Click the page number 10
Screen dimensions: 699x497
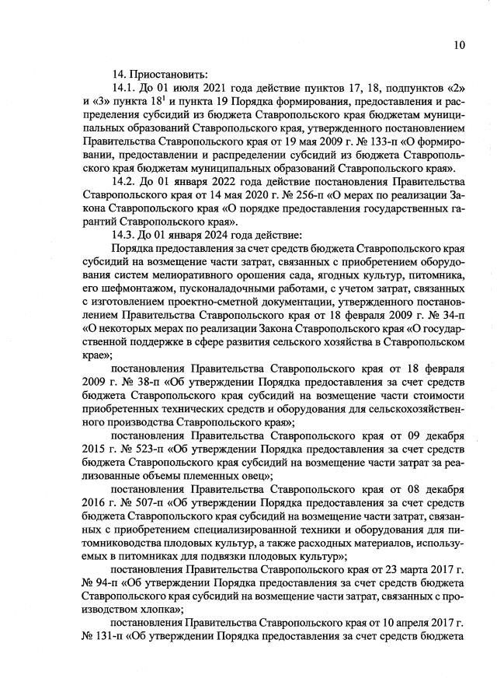coord(459,44)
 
